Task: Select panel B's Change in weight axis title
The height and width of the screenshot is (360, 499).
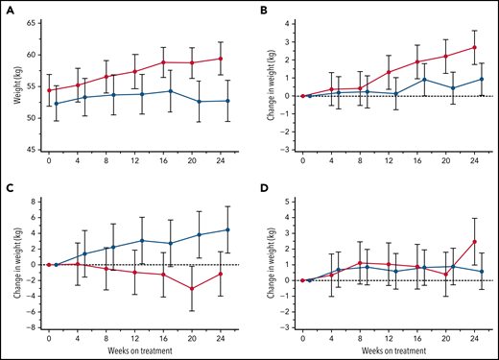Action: point(262,84)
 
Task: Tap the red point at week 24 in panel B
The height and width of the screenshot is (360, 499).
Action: point(473,47)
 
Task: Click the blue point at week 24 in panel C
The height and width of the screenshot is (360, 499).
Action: point(226,229)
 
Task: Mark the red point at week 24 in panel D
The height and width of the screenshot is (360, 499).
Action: point(473,241)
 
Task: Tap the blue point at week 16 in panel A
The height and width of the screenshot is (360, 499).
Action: point(170,91)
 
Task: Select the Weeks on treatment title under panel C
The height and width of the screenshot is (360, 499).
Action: point(134,352)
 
